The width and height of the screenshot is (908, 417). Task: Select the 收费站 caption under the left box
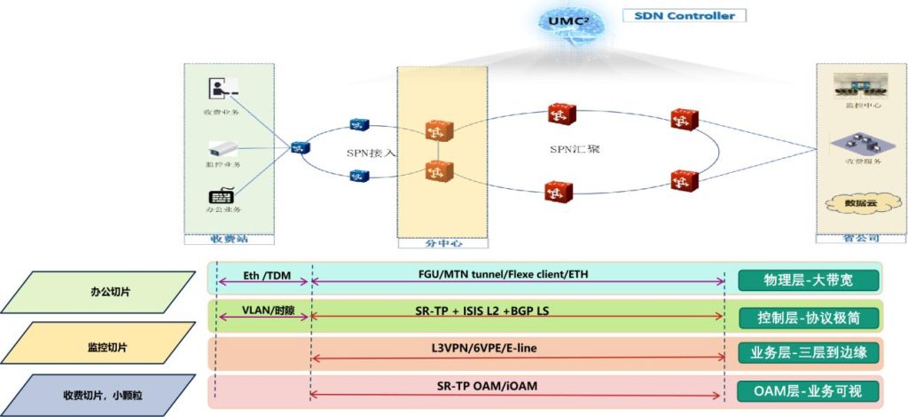(229, 238)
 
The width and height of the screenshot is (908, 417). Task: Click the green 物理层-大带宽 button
(808, 281)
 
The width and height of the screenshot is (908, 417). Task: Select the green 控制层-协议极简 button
(808, 318)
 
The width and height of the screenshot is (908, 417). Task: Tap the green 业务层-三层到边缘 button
(808, 353)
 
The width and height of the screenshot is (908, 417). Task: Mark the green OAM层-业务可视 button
(808, 389)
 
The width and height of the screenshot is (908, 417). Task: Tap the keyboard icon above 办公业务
(222, 194)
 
